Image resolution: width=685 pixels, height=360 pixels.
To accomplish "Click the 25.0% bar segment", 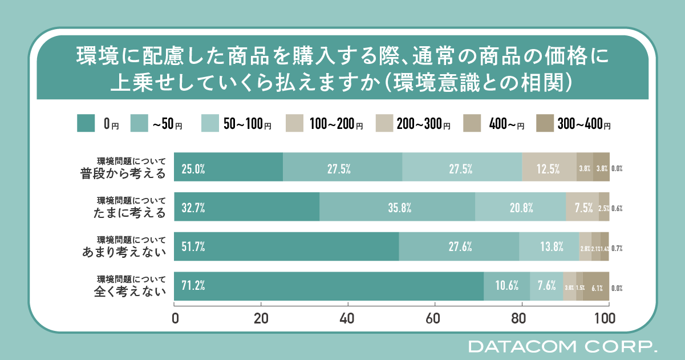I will (x=228, y=167).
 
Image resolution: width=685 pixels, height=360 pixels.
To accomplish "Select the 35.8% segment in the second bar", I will (x=397, y=207).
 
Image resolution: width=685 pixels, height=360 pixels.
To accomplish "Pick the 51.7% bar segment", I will (x=286, y=246).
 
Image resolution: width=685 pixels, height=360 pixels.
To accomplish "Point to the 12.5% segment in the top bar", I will (x=549, y=167).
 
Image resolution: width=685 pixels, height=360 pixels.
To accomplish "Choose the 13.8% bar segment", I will (x=549, y=246).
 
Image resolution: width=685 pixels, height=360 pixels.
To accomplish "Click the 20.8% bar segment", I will (x=520, y=207).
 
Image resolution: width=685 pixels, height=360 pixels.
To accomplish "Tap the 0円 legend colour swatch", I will (x=86, y=123).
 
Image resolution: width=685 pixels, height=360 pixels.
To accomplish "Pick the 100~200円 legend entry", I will (x=326, y=123).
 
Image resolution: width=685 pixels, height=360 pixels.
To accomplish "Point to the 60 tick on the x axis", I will (x=435, y=317).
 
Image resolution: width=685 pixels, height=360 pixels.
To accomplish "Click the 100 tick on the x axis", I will (x=608, y=317).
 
